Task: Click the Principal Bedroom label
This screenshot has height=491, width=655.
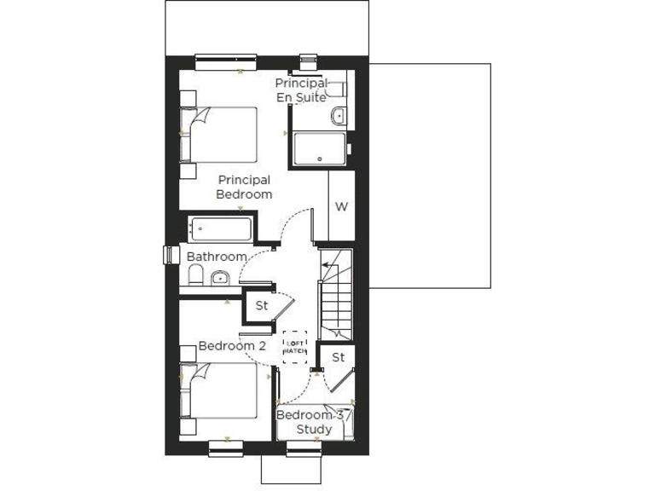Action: (244, 187)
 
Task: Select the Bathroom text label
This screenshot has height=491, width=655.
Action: (217, 257)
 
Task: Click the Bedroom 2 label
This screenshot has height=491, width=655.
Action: (232, 346)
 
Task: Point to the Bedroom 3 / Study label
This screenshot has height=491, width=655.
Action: (314, 422)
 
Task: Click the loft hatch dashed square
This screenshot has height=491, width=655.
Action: (294, 347)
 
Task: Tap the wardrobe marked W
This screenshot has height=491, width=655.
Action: (340, 206)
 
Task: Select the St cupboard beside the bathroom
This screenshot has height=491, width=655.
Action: (262, 304)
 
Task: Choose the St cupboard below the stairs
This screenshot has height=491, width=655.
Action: (339, 357)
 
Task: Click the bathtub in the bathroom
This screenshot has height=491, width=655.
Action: (222, 229)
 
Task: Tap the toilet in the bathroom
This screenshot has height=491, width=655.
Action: (194, 275)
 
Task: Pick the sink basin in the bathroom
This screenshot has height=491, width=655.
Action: (219, 277)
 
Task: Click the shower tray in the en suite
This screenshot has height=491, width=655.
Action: (319, 149)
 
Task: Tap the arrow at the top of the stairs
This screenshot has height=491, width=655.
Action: (327, 265)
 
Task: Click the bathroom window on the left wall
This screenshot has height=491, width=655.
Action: (169, 256)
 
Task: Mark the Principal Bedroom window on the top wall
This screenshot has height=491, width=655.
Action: (225, 60)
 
